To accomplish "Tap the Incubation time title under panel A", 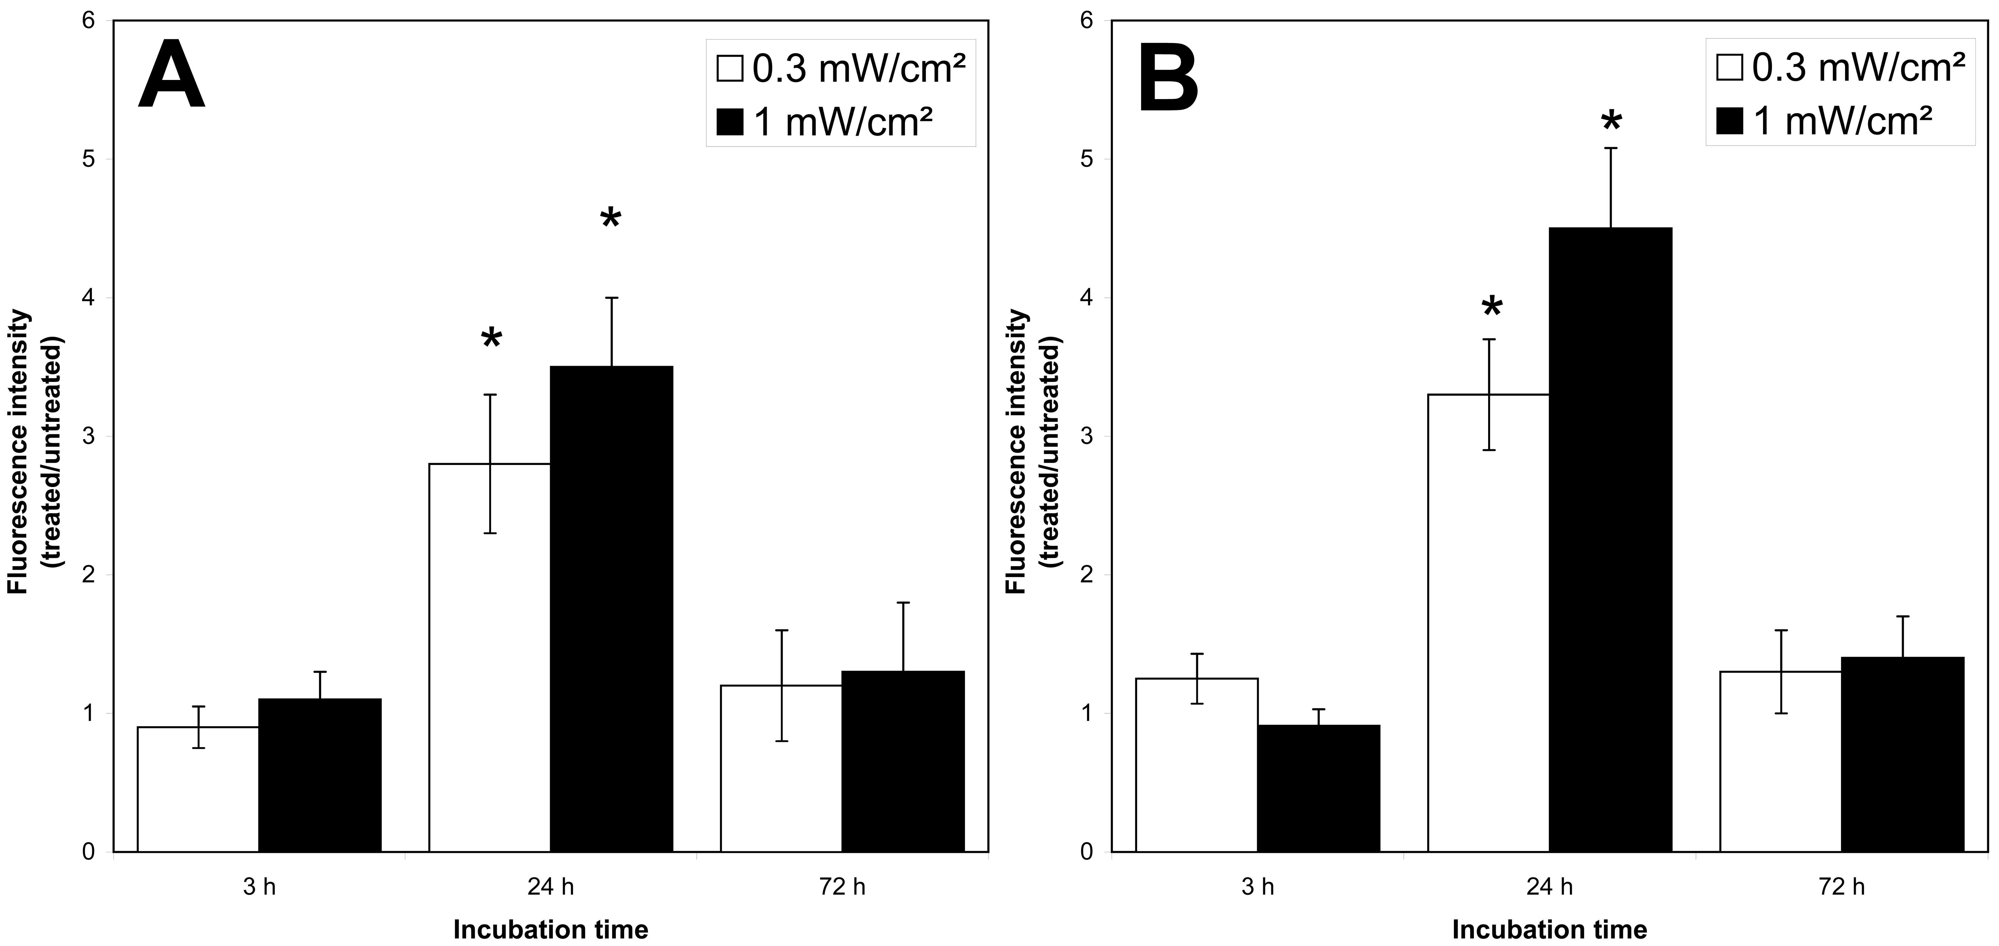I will coord(550,929).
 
